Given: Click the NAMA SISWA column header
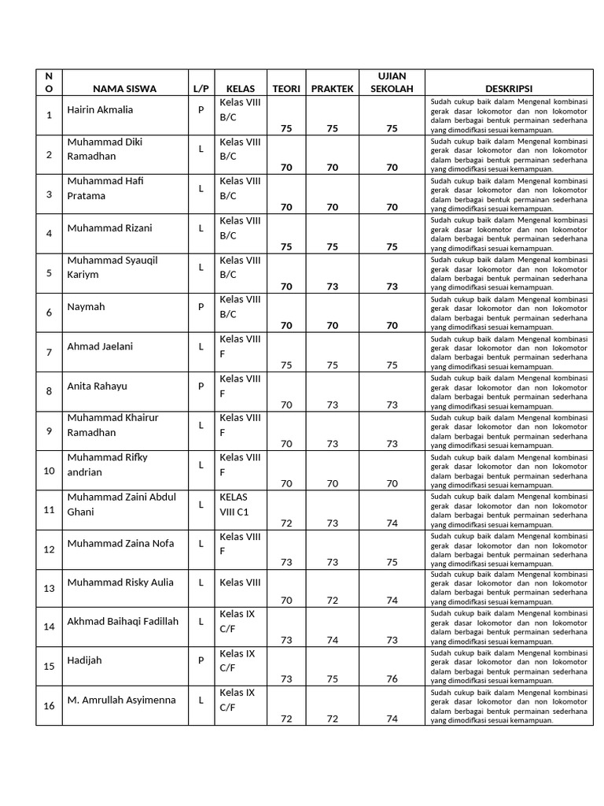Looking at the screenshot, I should pyautogui.click(x=124, y=89).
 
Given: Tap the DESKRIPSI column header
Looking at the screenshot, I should pyautogui.click(x=509, y=89).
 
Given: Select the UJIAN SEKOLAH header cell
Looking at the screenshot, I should pyautogui.click(x=392, y=82).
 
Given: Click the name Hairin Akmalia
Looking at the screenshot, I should pyautogui.click(x=100, y=109).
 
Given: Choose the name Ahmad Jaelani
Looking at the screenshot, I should pyautogui.click(x=100, y=346).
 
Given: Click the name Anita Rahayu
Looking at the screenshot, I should pyautogui.click(x=97, y=386).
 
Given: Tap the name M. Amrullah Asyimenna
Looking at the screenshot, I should pyautogui.click(x=121, y=700).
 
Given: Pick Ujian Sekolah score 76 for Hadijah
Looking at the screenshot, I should pyautogui.click(x=392, y=679).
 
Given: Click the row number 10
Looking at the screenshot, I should pyautogui.click(x=49, y=471).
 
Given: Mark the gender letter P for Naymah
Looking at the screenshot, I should pyautogui.click(x=201, y=307).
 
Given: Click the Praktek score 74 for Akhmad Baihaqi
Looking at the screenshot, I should pyautogui.click(x=332, y=640).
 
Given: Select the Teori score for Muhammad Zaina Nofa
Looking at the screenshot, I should pyautogui.click(x=286, y=562).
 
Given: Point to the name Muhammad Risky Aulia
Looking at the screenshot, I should pyautogui.click(x=120, y=582).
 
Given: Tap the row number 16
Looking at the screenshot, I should pyautogui.click(x=49, y=706).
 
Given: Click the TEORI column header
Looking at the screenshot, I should pyautogui.click(x=286, y=89).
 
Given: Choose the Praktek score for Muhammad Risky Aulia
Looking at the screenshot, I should pyautogui.click(x=332, y=601).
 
